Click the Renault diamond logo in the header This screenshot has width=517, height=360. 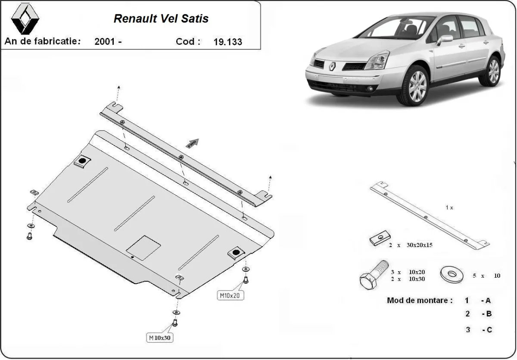25,20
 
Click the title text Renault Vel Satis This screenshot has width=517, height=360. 161,19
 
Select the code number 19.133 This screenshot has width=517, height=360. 227,42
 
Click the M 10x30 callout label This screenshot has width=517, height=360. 160,338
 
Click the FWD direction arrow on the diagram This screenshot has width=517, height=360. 192,143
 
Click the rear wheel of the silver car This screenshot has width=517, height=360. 491,71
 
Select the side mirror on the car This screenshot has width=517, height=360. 445,39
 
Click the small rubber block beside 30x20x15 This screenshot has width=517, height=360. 380,238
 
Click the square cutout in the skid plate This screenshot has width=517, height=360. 143,247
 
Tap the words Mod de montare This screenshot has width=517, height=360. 420,301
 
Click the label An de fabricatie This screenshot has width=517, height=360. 42,41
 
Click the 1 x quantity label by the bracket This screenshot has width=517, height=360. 449,207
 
